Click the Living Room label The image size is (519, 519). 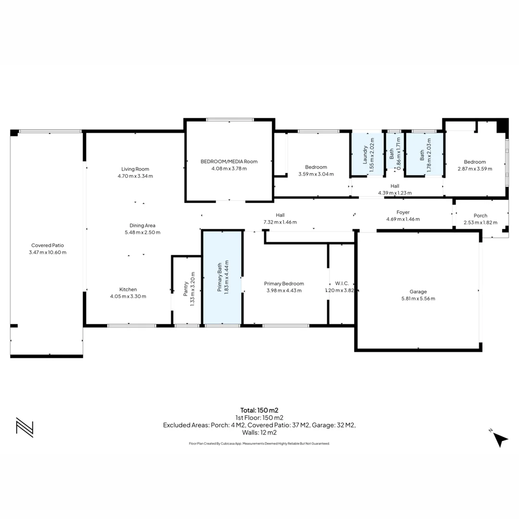pyautogui.click(x=135, y=169)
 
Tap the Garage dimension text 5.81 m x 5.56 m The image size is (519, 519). pyautogui.click(x=418, y=298)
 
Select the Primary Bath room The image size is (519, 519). pyautogui.click(x=222, y=277)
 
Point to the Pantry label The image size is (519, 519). pyautogui.click(x=185, y=289)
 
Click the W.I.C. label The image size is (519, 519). pyautogui.click(x=342, y=284)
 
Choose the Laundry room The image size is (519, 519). pyautogui.click(x=368, y=154)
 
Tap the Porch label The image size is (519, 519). pyautogui.click(x=480, y=215)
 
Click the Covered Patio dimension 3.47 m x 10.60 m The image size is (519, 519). pyautogui.click(x=48, y=252)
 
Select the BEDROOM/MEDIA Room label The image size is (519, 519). pyautogui.click(x=229, y=161)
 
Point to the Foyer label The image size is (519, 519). pyautogui.click(x=403, y=212)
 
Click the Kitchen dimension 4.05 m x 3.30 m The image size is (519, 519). pyautogui.click(x=128, y=296)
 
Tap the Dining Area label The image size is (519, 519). pyautogui.click(x=142, y=225)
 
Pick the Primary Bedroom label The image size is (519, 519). pyautogui.click(x=284, y=284)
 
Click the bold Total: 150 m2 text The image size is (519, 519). pyautogui.click(x=259, y=410)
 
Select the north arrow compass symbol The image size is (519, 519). pyautogui.click(x=500, y=439)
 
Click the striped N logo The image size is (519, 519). pyautogui.click(x=25, y=427)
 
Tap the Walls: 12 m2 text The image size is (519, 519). pyautogui.click(x=259, y=432)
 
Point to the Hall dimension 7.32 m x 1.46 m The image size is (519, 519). pyautogui.click(x=280, y=222)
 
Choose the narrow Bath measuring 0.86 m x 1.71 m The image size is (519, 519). pyautogui.click(x=395, y=151)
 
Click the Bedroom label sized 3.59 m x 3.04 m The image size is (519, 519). pyautogui.click(x=316, y=167)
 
